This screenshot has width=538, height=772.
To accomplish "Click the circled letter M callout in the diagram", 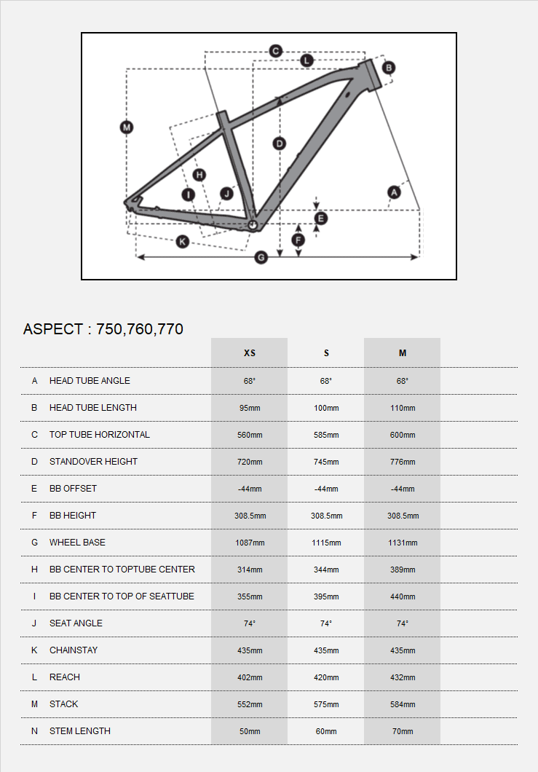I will (127, 127).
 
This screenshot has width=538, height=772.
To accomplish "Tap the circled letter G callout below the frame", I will (262, 257).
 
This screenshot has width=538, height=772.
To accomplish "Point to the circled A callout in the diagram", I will (394, 192).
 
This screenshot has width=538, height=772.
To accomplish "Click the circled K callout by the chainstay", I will (183, 241).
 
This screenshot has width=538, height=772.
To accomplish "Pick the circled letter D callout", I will (279, 143).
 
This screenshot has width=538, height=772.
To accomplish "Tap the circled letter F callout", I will (298, 240).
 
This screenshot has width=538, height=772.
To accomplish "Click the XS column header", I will (249, 353).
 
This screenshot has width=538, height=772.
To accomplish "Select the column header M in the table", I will (403, 353).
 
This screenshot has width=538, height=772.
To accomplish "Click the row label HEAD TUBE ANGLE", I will (90, 381).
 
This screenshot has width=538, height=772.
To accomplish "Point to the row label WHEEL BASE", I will (77, 543).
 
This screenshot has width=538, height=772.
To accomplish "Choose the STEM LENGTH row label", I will (80, 731).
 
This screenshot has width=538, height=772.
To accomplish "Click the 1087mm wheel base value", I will (249, 543).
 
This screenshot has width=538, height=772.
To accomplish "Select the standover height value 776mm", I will (403, 462).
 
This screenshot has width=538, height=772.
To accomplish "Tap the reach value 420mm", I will (326, 677).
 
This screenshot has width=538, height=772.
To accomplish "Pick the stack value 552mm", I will (249, 704).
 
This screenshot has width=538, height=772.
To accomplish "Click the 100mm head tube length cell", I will (326, 408).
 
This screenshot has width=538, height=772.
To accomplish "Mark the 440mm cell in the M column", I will (403, 596).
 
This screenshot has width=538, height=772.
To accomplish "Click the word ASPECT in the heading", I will (53, 329).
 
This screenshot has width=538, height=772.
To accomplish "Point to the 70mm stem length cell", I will (403, 731).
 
